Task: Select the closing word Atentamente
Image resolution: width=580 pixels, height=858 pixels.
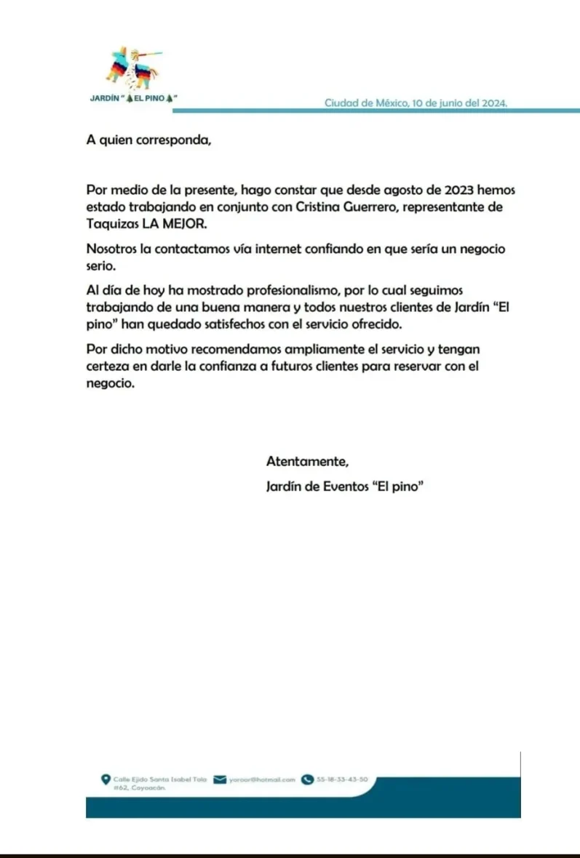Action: pyautogui.click(x=308, y=460)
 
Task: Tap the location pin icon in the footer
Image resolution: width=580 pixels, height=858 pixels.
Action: pyautogui.click(x=106, y=779)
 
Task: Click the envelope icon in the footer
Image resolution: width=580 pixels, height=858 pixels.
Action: pyautogui.click(x=220, y=779)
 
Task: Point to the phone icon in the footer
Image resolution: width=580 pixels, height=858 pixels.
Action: pyautogui.click(x=307, y=779)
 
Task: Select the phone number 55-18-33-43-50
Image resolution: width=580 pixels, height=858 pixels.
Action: pyautogui.click(x=342, y=779)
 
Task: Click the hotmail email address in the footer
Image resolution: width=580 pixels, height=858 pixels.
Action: pyautogui.click(x=262, y=779)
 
